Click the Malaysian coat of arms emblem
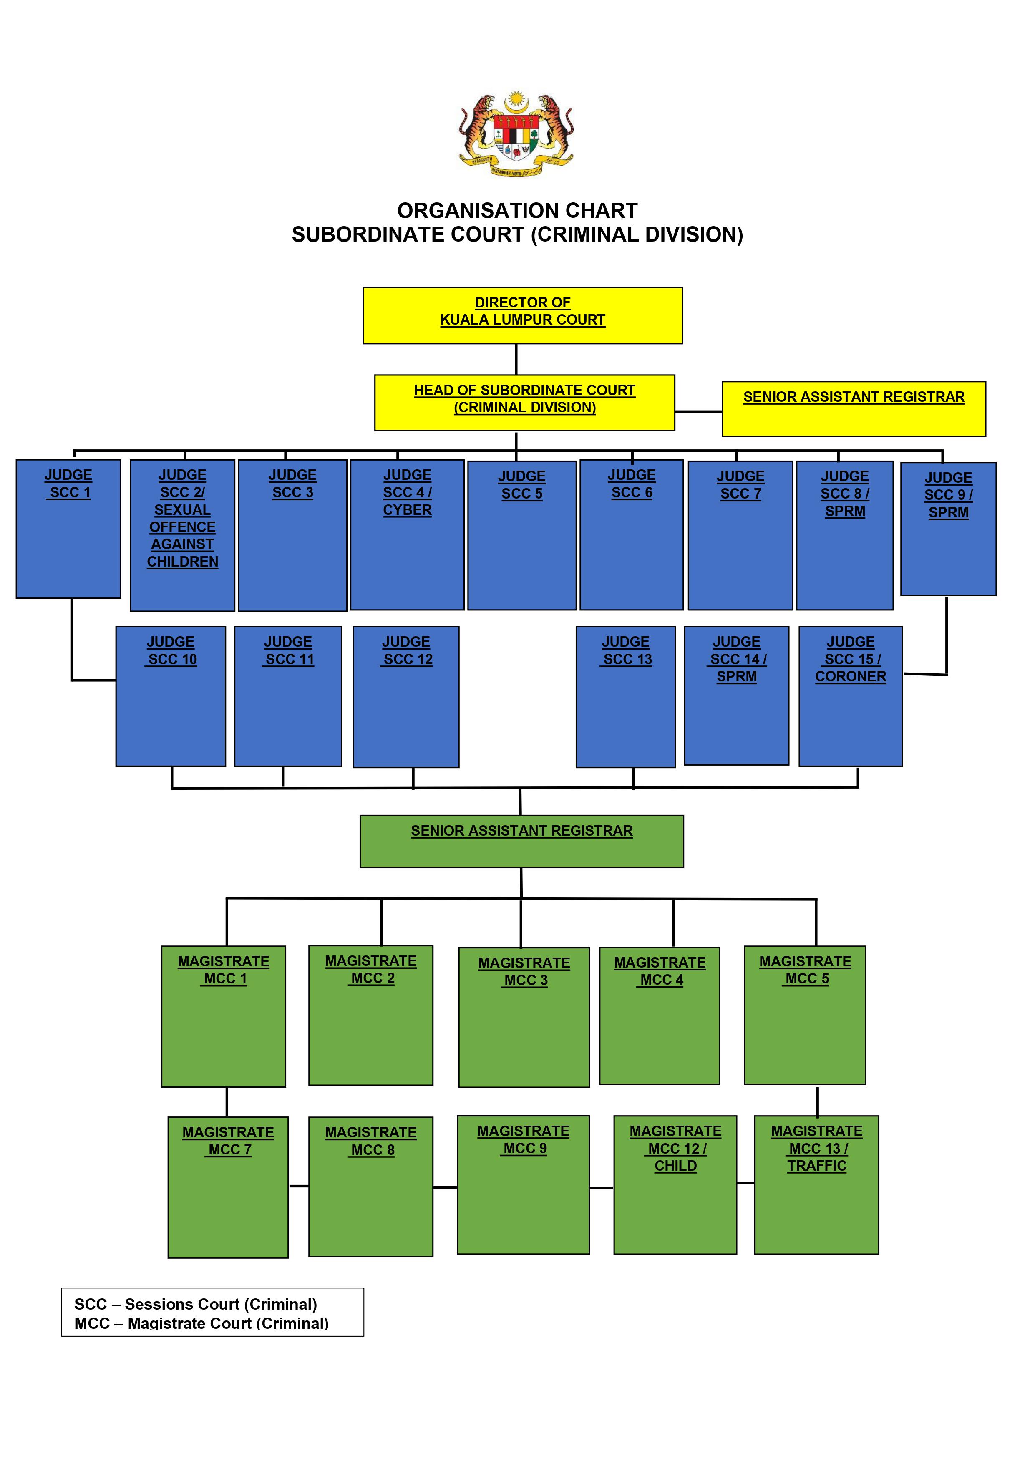tap(516, 134)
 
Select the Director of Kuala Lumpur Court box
tap(522, 316)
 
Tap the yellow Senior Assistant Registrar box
tap(853, 409)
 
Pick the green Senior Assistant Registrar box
tap(521, 841)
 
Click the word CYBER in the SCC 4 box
tap(407, 510)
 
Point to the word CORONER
tap(850, 677)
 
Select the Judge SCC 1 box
tap(68, 529)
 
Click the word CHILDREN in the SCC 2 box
tap(182, 562)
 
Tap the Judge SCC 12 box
tap(406, 697)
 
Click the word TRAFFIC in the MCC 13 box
tap(816, 1166)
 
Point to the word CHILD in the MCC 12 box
tap(675, 1166)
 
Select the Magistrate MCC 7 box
tap(228, 1187)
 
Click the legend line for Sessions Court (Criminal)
tap(196, 1304)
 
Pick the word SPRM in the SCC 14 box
tap(737, 677)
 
